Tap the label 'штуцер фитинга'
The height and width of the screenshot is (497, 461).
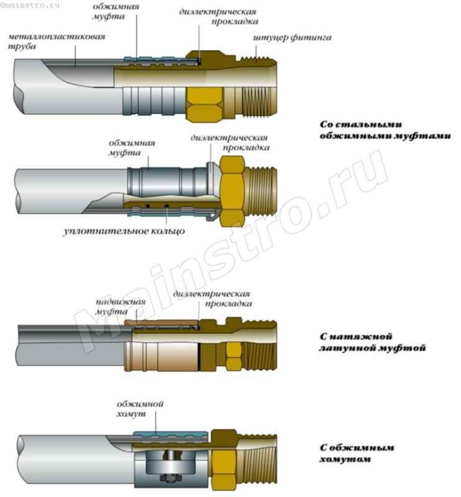(x=292, y=37)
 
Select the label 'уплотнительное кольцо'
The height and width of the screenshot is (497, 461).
(x=124, y=231)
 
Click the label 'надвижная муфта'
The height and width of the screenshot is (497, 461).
(x=120, y=308)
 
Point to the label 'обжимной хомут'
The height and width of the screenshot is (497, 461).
(x=140, y=409)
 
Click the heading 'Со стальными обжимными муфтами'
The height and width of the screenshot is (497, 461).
(x=385, y=130)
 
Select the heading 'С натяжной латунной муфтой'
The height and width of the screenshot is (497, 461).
(x=373, y=342)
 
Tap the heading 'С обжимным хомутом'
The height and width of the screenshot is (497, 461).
(x=357, y=453)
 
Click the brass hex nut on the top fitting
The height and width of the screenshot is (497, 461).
(x=205, y=100)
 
